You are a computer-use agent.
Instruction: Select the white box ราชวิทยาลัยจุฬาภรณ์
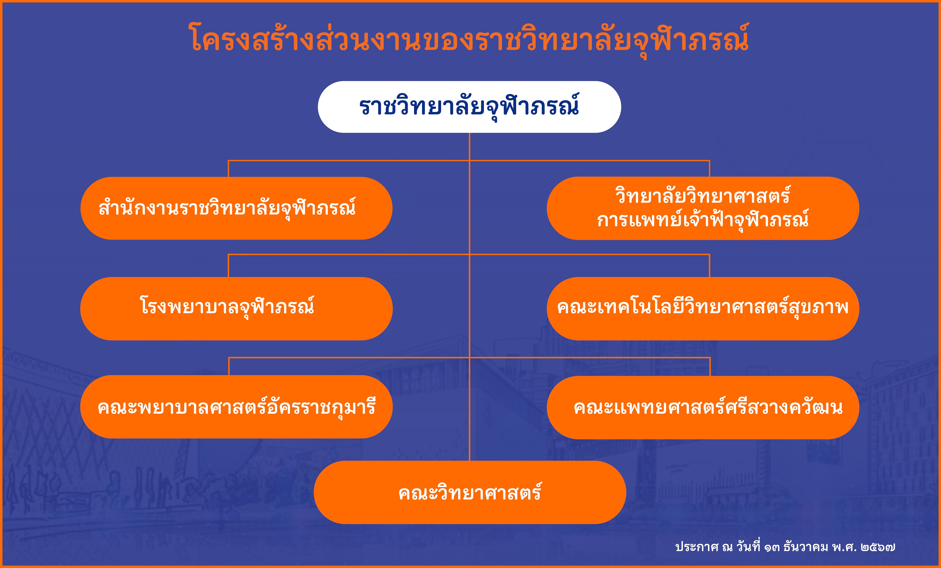(469, 107)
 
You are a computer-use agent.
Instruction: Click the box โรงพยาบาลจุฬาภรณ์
(236, 308)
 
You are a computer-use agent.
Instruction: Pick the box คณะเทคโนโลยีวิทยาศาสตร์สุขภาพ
(703, 308)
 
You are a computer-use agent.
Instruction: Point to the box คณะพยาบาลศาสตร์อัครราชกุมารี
(236, 407)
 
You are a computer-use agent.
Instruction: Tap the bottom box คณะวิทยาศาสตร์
(470, 493)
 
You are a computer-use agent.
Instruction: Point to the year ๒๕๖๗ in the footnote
(878, 547)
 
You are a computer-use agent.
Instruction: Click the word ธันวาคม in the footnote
(806, 547)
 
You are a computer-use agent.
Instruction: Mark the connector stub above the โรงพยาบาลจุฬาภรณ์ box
(228, 266)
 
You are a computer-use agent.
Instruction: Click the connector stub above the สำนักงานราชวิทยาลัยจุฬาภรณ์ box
(228, 169)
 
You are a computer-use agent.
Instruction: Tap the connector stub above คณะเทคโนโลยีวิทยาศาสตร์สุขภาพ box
(710, 266)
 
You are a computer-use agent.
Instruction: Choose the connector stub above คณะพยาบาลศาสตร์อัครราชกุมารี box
(229, 367)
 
